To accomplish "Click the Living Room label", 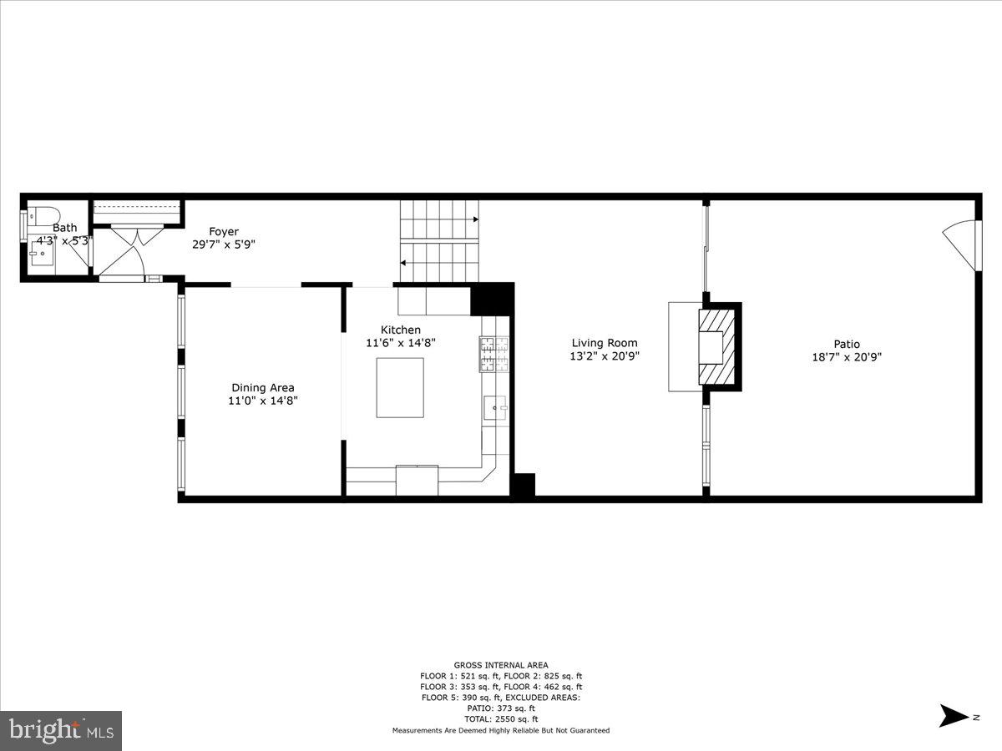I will click(x=604, y=343).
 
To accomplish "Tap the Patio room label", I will click(x=846, y=344).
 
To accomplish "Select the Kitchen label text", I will click(x=401, y=330).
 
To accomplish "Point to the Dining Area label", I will click(x=263, y=387).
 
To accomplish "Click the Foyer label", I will click(x=224, y=232).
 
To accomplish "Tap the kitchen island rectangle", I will click(x=399, y=387).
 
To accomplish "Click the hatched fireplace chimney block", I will click(x=718, y=346).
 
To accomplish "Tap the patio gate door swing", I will click(x=963, y=244).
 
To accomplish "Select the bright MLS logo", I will click(x=61, y=731).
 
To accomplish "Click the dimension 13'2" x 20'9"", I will click(x=604, y=356).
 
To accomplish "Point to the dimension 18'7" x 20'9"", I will click(x=846, y=357).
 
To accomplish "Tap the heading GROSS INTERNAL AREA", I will click(x=501, y=665).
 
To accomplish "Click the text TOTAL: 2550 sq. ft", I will click(x=501, y=719).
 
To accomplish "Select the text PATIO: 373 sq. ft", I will click(x=501, y=708).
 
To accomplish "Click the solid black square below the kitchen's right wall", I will click(x=523, y=486).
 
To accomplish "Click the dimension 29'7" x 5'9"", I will click(x=223, y=245).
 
